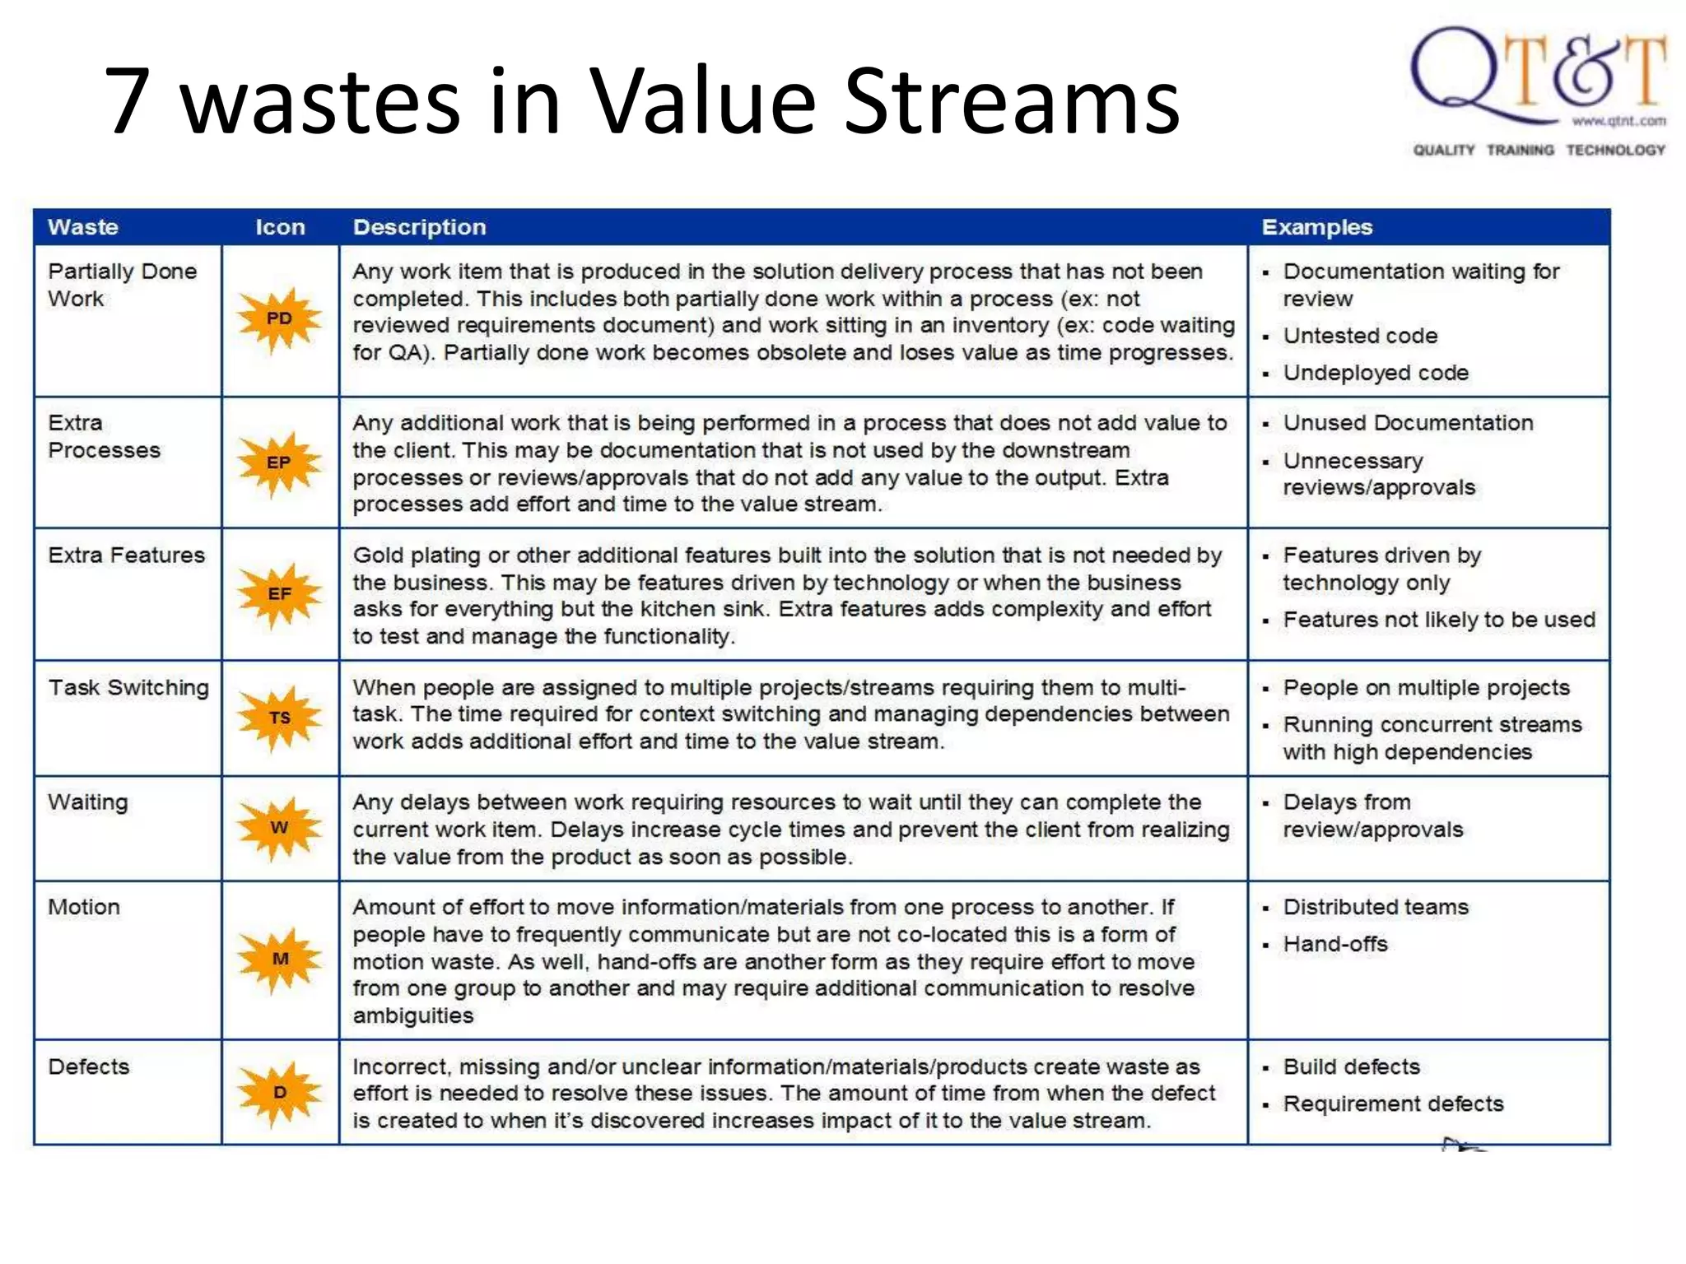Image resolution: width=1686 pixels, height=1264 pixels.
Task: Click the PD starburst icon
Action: (279, 319)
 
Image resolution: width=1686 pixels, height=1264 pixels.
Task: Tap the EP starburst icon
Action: (279, 463)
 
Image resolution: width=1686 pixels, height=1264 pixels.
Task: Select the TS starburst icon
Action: (279, 718)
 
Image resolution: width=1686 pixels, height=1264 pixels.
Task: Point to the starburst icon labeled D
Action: (279, 1093)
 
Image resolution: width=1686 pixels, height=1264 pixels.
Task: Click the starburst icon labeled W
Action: (279, 828)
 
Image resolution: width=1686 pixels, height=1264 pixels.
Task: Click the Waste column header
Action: (83, 227)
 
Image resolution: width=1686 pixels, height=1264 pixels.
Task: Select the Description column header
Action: (419, 227)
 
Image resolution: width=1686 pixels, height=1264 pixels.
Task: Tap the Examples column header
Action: (1316, 227)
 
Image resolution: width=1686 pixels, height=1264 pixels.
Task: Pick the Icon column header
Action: (280, 227)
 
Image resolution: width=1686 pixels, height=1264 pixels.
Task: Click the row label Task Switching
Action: (128, 688)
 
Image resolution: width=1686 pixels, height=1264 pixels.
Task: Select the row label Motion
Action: (84, 908)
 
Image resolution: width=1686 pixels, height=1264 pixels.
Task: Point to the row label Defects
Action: (89, 1067)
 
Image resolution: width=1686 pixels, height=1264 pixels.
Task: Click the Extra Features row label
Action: (126, 555)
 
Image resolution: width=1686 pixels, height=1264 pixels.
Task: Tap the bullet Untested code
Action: (1360, 337)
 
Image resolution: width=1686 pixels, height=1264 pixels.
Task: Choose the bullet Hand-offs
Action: (1335, 945)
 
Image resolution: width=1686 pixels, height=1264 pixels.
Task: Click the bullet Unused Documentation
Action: (1408, 423)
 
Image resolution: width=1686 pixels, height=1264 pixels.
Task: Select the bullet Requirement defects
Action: (1393, 1104)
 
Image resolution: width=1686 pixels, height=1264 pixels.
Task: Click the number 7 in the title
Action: (129, 101)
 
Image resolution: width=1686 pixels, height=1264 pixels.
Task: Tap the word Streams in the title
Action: (1012, 101)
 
